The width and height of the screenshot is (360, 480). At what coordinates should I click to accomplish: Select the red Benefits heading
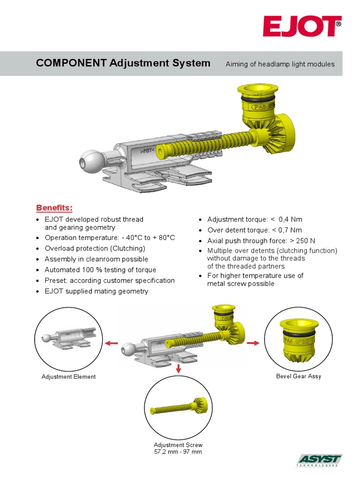click(54, 208)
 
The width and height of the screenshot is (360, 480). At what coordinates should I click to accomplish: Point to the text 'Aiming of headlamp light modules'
click(280, 64)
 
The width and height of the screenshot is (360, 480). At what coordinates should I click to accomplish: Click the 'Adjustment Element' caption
click(68, 376)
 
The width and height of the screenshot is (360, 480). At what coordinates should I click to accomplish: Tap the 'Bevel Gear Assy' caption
click(299, 376)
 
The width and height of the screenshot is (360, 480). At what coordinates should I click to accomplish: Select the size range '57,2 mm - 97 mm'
click(178, 452)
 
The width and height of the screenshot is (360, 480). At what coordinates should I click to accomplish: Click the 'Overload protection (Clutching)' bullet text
click(95, 248)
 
